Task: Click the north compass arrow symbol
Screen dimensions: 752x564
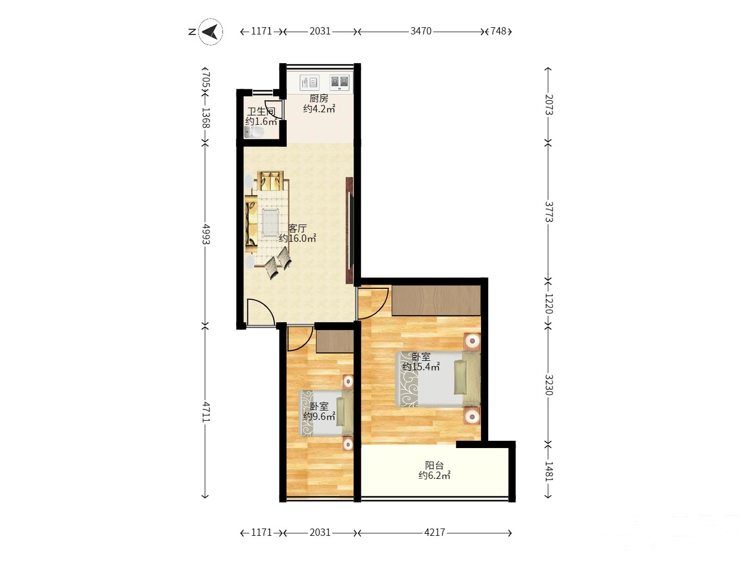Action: tap(210, 32)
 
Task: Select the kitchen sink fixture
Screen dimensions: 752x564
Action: tap(309, 83)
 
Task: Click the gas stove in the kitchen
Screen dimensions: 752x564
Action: tap(339, 82)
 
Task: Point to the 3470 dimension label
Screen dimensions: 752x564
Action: tap(421, 31)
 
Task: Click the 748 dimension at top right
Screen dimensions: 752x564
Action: tap(498, 31)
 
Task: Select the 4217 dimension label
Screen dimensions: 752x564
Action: tap(434, 532)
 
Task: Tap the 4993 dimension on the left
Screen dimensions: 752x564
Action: tap(206, 234)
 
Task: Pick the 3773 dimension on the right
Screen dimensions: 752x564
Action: tap(549, 211)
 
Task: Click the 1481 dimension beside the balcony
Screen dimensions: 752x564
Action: tap(549, 472)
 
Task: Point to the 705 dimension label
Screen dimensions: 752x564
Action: tap(206, 80)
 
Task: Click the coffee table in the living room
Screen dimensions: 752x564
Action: tap(271, 222)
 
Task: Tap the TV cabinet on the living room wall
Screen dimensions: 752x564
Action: tap(349, 230)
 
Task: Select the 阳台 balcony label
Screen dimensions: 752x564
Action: tap(434, 465)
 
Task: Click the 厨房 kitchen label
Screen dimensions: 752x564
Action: tap(319, 99)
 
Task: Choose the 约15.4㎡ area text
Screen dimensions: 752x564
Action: tap(421, 367)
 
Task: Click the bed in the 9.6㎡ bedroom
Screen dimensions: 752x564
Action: tap(326, 413)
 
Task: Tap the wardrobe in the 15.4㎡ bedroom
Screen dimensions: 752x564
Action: tap(437, 300)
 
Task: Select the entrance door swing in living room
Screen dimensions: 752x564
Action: tap(261, 312)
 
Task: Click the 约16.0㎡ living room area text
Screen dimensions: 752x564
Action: tap(297, 238)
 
